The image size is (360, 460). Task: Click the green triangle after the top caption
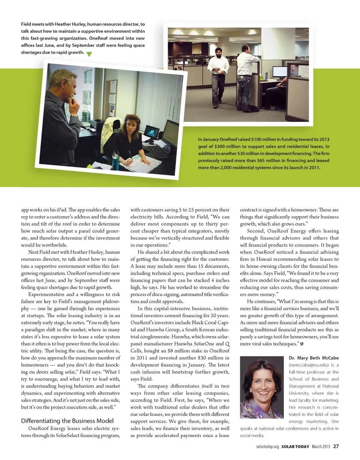coord(89,54)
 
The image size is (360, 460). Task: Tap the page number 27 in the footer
coord(336,446)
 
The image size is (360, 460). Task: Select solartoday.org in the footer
coord(268,446)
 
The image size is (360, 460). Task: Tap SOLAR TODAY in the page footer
coord(295,446)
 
